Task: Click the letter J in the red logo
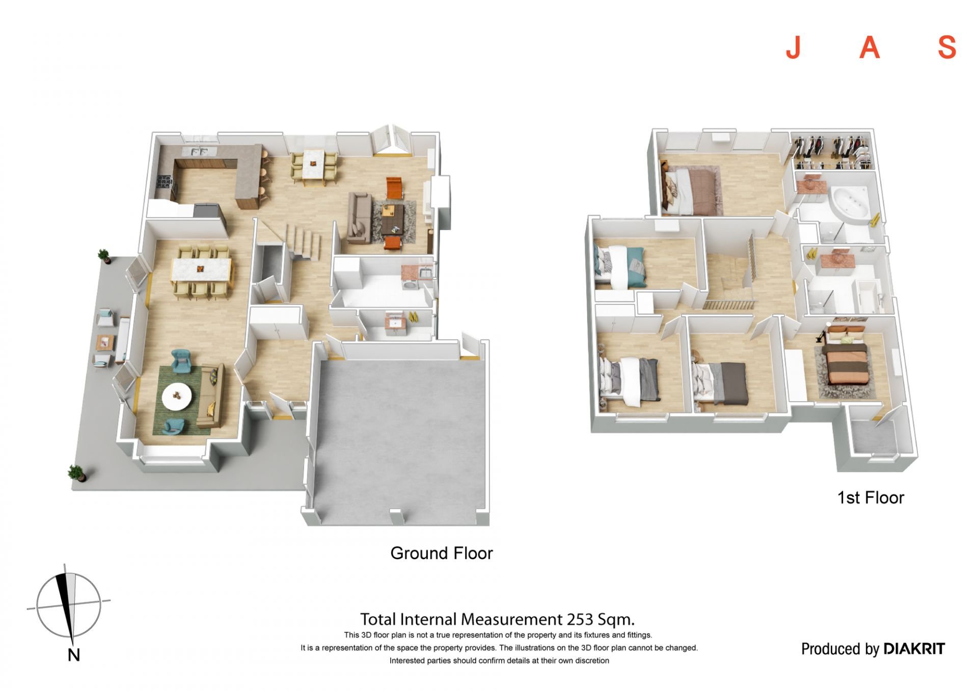pyautogui.click(x=793, y=48)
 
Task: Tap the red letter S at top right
pyautogui.click(x=947, y=48)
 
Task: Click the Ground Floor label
pyautogui.click(x=441, y=553)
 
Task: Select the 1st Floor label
pyautogui.click(x=871, y=497)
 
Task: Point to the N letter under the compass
pyautogui.click(x=74, y=655)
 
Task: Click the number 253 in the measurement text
pyautogui.click(x=580, y=619)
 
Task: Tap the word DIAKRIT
pyautogui.click(x=914, y=649)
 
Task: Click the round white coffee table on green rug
pyautogui.click(x=177, y=396)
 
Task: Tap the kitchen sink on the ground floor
pyautogui.click(x=198, y=151)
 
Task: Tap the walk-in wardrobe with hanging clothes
pyautogui.click(x=832, y=151)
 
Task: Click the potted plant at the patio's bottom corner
pyautogui.click(x=76, y=473)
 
